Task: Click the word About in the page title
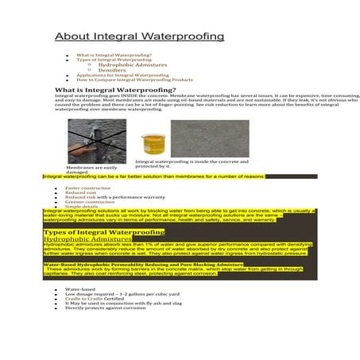tap(71, 37)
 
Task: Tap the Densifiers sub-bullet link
tap(111, 70)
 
